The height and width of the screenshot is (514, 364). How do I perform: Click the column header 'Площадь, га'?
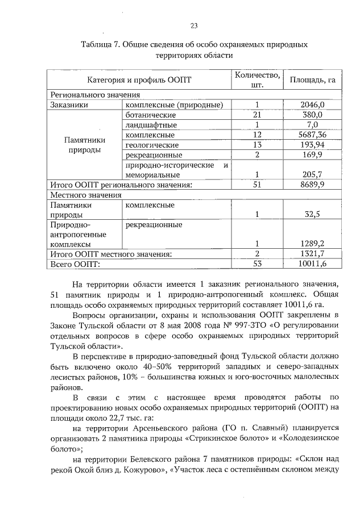point(312,80)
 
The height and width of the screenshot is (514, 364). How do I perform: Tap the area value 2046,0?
point(312,105)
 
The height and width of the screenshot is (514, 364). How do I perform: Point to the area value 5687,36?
point(312,135)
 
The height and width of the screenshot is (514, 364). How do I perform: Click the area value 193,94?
point(312,145)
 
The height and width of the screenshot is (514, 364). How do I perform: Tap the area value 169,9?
point(312,155)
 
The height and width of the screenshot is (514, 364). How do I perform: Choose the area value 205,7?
point(312,175)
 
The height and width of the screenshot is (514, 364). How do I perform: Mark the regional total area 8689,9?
point(312,185)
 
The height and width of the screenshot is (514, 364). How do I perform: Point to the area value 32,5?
point(312,215)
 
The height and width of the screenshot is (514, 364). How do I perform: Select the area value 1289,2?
point(312,245)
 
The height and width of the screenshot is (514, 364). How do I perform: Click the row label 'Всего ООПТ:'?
point(75,264)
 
